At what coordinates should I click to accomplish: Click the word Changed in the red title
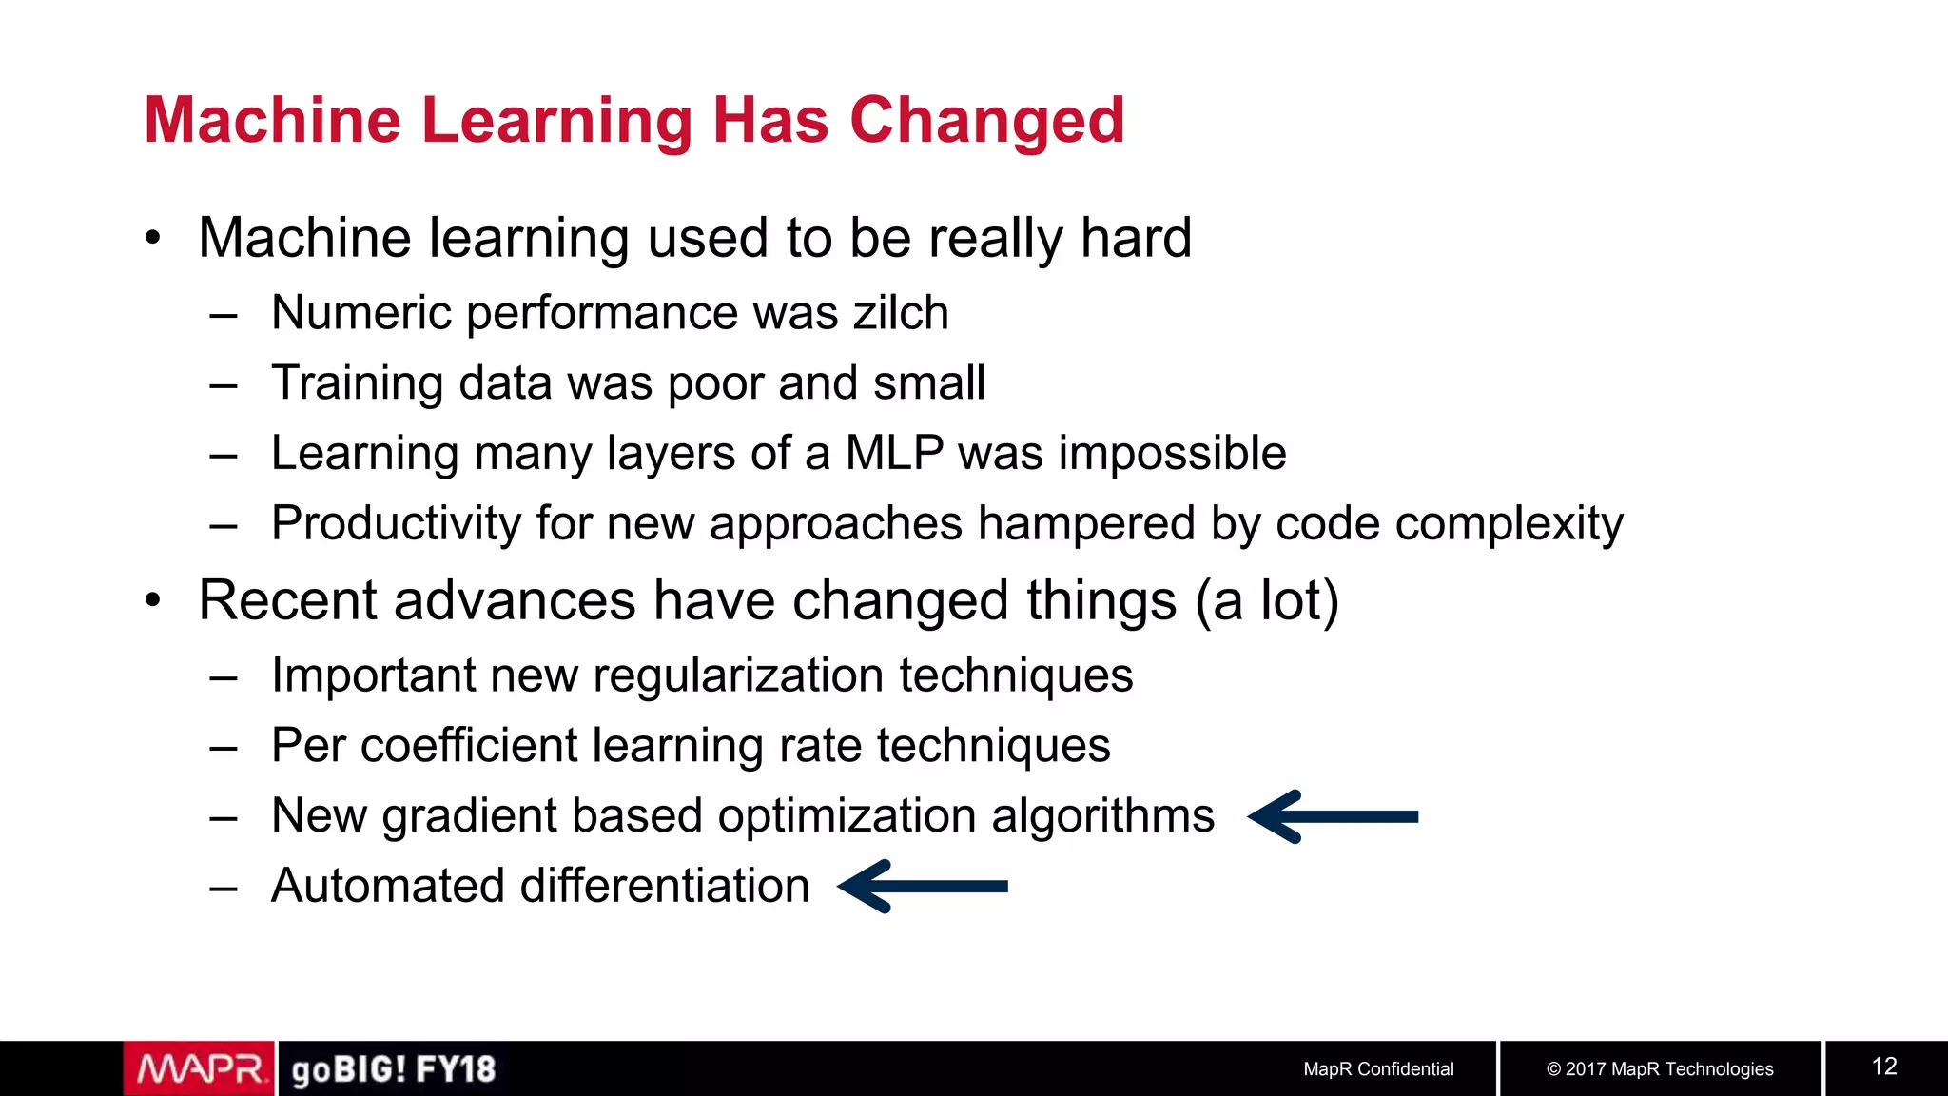(x=986, y=121)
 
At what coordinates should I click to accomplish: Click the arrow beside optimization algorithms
(x=1333, y=816)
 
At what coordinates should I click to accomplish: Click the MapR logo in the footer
(x=199, y=1069)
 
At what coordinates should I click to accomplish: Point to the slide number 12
(x=1884, y=1067)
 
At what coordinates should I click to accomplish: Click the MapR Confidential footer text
(x=1378, y=1069)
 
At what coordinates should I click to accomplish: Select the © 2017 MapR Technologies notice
(x=1660, y=1069)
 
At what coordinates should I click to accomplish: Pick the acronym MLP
(x=894, y=453)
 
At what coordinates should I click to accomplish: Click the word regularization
(x=738, y=675)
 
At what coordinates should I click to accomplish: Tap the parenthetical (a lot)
(x=1267, y=601)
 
